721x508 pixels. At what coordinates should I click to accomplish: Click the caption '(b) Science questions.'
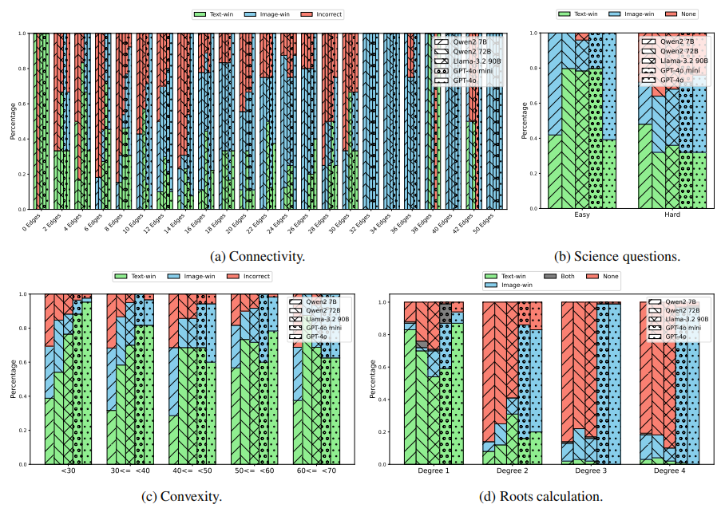tap(618, 257)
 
